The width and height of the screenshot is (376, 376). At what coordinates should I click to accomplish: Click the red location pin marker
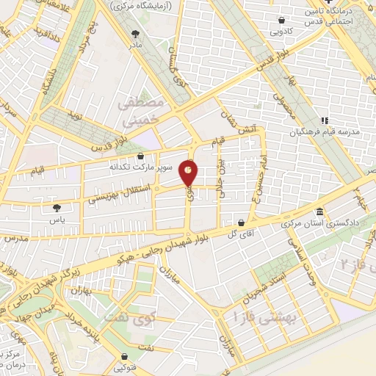[x=189, y=173]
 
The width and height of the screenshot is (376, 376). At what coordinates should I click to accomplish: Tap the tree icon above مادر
[x=134, y=33]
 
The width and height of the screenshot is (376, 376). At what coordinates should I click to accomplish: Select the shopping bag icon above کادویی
[x=282, y=21]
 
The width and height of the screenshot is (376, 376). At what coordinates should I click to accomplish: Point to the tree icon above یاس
[x=58, y=208]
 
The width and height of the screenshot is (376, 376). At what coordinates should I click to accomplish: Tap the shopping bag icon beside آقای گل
[x=241, y=222]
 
